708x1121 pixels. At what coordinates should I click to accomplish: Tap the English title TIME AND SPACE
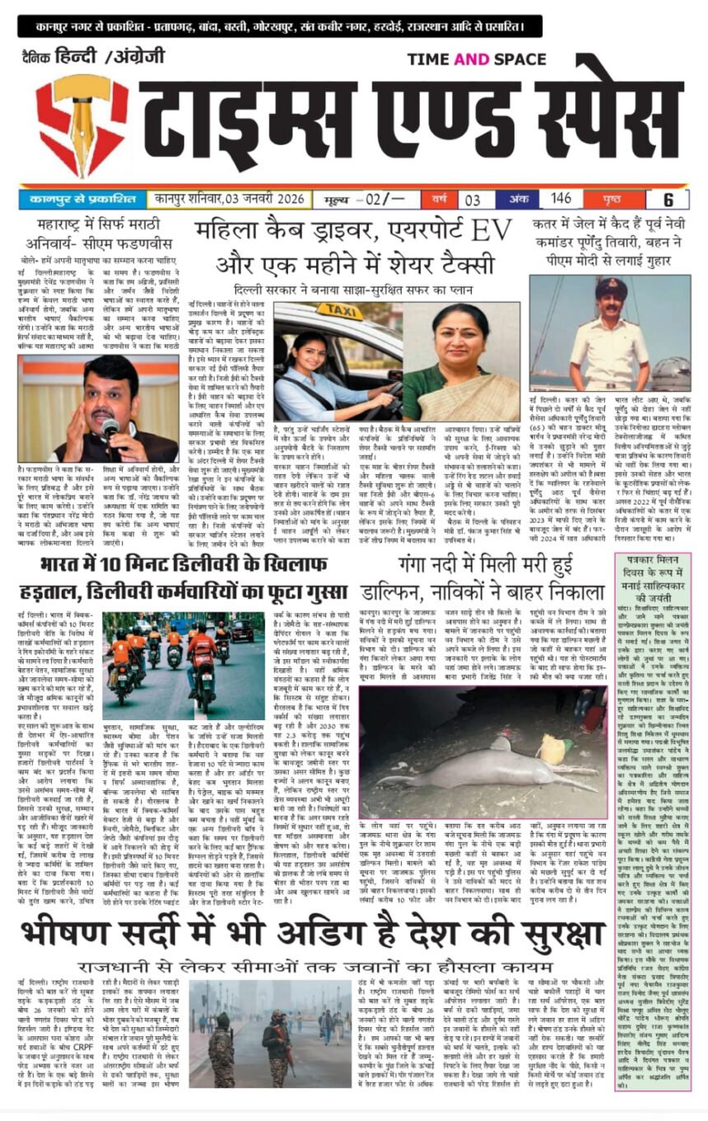pyautogui.click(x=477, y=59)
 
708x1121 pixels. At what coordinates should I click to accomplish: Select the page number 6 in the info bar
pyautogui.click(x=668, y=199)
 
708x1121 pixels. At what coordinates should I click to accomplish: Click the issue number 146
pyautogui.click(x=561, y=198)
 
